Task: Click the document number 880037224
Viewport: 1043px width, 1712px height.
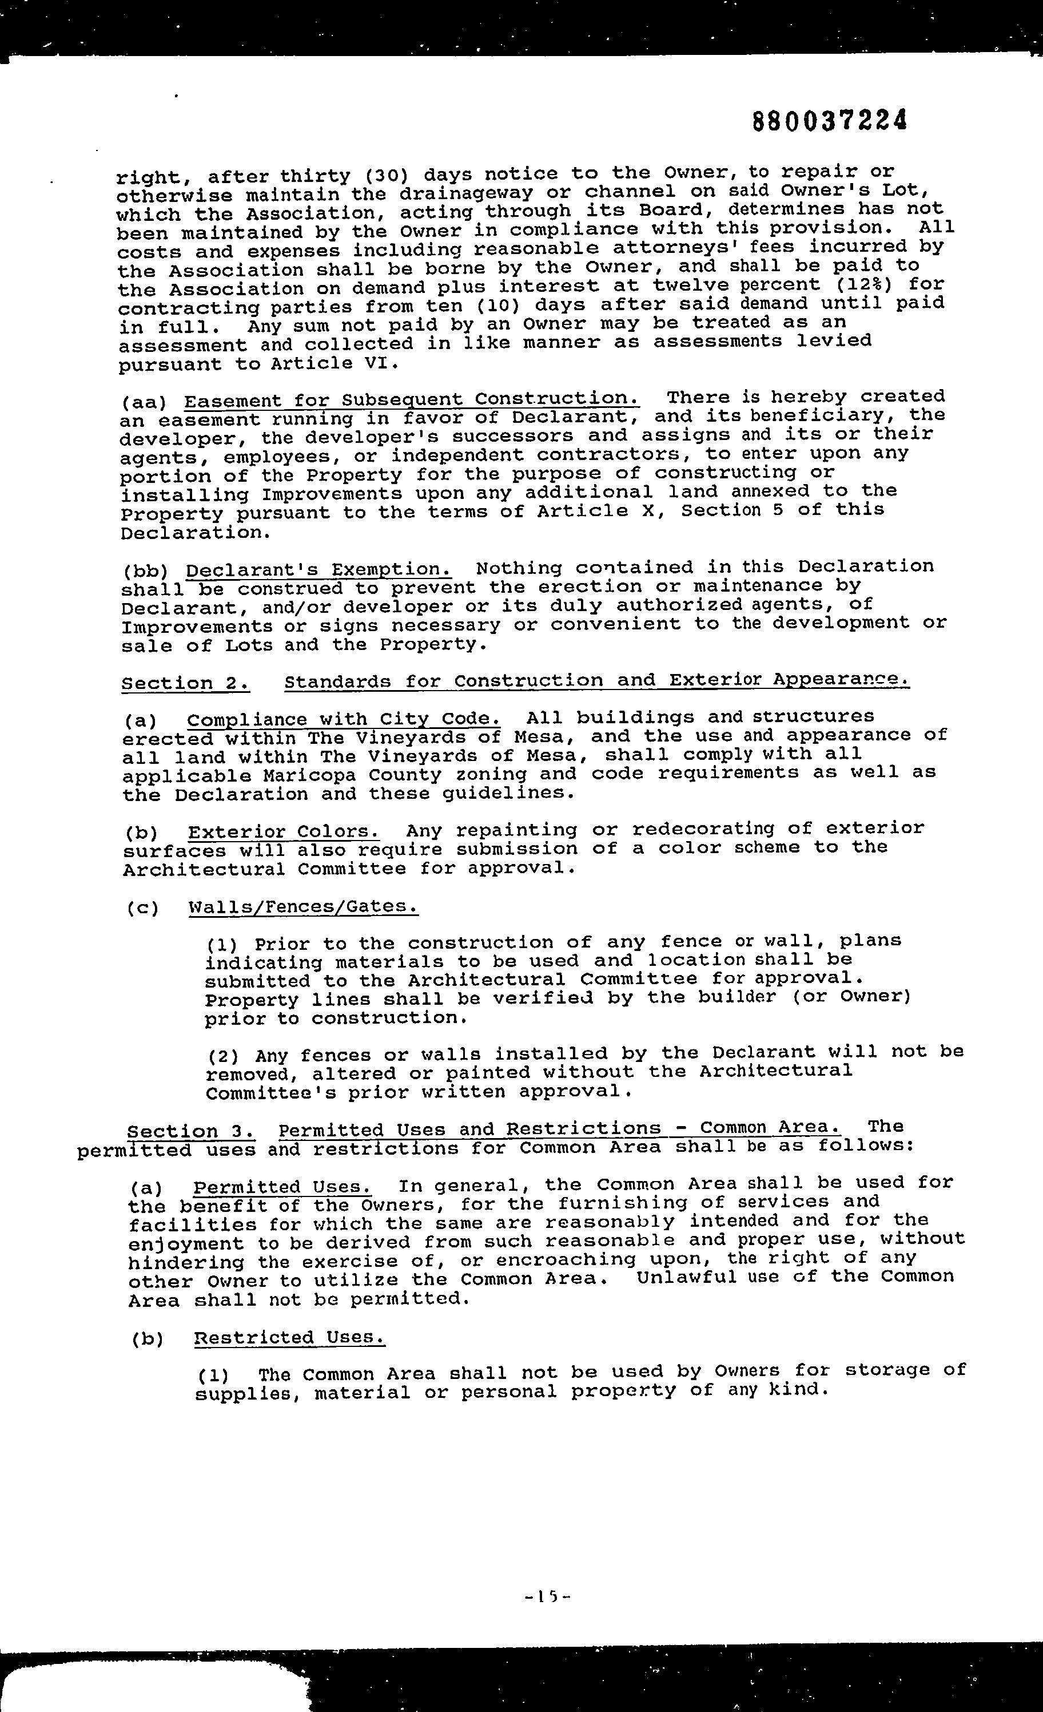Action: coord(830,121)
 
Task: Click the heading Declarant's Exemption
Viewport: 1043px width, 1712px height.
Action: coord(319,570)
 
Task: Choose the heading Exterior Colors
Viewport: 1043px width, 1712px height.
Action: coord(283,832)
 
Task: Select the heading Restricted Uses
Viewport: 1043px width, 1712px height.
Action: coord(289,1338)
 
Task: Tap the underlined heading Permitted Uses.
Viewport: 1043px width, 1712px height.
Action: coord(282,1186)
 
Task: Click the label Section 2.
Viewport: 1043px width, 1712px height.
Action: coord(185,683)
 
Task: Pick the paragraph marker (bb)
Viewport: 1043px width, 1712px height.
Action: coord(146,571)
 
